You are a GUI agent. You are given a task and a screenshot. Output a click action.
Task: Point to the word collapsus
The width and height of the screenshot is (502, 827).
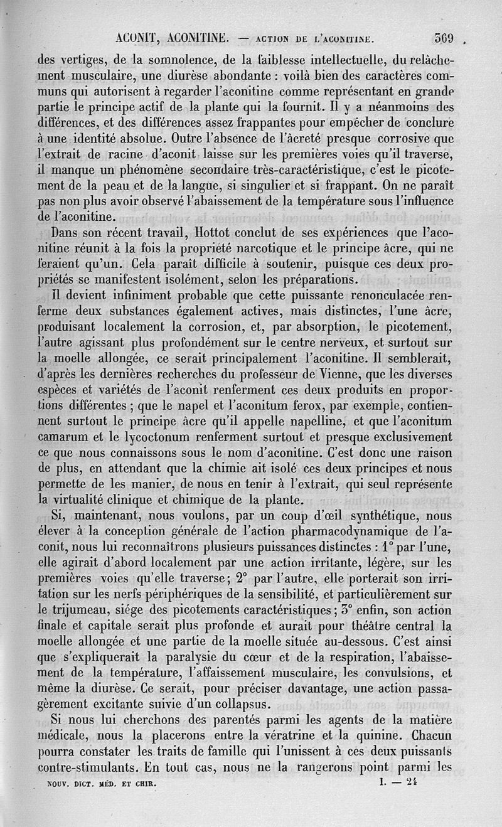[239, 701]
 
